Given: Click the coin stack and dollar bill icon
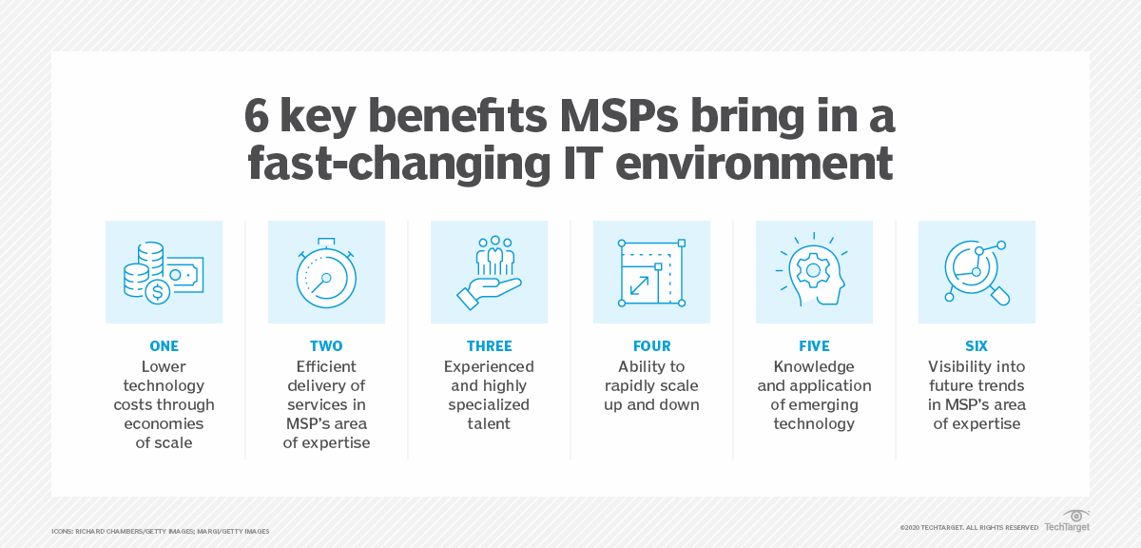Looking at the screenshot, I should [x=164, y=272].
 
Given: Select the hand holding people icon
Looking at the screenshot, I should [x=489, y=272].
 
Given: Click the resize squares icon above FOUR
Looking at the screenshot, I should [x=651, y=272].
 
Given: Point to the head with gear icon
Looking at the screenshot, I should [x=814, y=272].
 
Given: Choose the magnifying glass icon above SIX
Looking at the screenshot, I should [x=977, y=272].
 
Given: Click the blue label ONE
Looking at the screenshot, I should [x=164, y=346].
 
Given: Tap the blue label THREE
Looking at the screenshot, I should [x=489, y=346].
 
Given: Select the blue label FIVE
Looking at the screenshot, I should [x=814, y=346].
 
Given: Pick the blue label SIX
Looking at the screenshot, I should [x=977, y=346].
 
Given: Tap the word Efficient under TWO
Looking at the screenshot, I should [x=326, y=366].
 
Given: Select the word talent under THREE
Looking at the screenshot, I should [x=489, y=423].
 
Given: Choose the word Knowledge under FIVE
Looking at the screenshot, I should [x=814, y=366].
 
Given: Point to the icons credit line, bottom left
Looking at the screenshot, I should [x=161, y=530].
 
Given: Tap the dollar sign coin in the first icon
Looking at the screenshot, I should [x=158, y=292].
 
